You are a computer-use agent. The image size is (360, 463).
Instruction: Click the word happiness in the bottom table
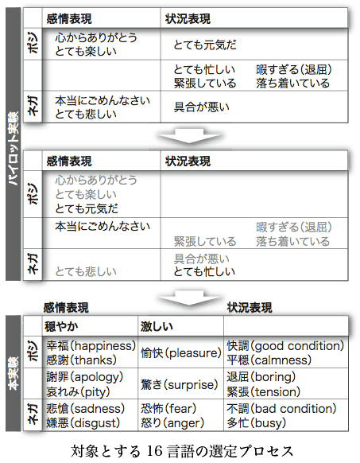102,346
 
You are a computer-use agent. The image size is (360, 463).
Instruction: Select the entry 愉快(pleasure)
181,353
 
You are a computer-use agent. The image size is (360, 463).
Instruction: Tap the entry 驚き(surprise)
180,384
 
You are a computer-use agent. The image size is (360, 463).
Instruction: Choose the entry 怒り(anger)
172,423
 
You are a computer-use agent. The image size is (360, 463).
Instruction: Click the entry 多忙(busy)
256,423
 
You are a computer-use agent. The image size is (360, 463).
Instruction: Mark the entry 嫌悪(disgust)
83,423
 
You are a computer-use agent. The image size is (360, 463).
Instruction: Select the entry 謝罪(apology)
85,377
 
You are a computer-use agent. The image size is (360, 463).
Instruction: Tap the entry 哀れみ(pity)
78,392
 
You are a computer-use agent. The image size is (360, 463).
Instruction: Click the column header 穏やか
61,327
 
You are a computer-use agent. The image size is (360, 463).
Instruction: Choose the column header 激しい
157,327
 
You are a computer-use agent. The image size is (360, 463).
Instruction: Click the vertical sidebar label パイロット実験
13,148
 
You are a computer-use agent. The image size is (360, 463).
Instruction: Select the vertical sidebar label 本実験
13,373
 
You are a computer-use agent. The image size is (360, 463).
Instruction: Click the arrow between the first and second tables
189,135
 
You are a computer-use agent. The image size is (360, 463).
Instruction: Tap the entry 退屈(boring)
261,377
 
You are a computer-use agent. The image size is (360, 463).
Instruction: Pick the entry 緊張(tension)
264,392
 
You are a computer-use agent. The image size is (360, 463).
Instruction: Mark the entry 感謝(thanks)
81,360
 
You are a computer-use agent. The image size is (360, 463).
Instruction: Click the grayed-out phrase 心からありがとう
96,180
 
